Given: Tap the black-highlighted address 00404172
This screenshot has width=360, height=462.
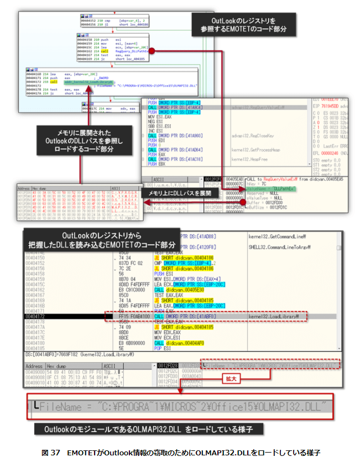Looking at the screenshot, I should [36, 316].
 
